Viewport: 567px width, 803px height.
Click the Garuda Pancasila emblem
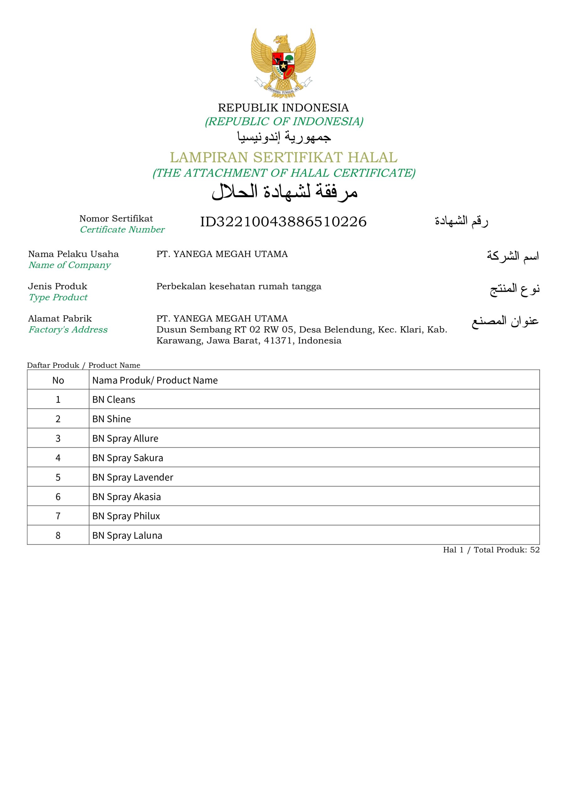tap(283, 63)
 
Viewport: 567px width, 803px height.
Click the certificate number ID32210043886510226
tap(283, 222)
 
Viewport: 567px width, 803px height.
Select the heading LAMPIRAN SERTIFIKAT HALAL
tap(283, 157)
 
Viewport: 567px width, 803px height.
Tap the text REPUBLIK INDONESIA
tap(283, 107)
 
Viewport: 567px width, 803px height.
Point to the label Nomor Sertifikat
tap(116, 219)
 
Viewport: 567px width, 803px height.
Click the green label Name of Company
tap(70, 265)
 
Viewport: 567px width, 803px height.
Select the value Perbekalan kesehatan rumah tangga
tap(239, 286)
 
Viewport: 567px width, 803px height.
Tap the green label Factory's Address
tap(68, 329)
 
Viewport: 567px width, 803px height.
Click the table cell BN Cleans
tap(113, 399)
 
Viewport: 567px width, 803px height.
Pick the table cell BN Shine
tap(112, 419)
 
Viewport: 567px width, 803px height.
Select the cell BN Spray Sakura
tap(128, 458)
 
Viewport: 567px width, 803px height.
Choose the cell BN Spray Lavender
tap(133, 477)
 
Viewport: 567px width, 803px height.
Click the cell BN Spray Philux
tap(126, 516)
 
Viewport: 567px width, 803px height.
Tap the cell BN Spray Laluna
tap(127, 535)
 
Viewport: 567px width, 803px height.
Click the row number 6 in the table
tap(58, 497)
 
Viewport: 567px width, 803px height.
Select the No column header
tap(58, 380)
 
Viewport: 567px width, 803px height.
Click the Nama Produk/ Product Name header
tap(155, 380)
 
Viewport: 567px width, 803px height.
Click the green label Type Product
tap(58, 297)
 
